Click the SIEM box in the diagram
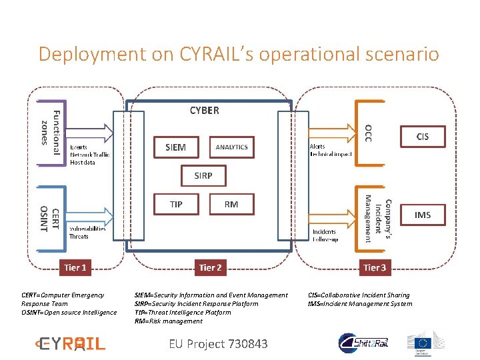coord(175,147)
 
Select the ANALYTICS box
coord(231,147)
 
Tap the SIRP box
coord(203,176)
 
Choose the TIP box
coord(176,205)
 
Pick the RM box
coord(231,205)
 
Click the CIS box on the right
coord(423,137)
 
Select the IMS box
coord(423,215)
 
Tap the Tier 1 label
coord(75,267)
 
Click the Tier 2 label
coord(210,267)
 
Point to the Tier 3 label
coord(374,267)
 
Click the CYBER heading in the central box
coord(204,111)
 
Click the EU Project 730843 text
coord(218,344)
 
